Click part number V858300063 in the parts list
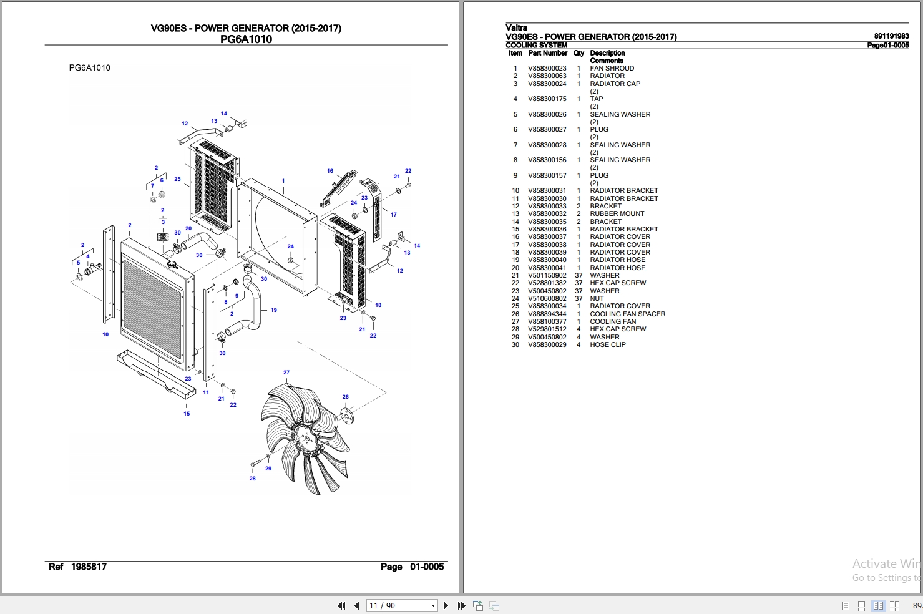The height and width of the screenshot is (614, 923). pos(547,76)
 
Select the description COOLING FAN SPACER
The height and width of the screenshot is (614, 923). pos(627,314)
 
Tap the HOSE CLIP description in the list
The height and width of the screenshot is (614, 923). pos(607,344)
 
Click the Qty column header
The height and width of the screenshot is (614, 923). pos(579,54)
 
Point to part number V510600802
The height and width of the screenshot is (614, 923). pos(547,298)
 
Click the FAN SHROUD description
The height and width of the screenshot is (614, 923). pos(612,69)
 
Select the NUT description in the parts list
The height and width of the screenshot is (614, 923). pos(597,298)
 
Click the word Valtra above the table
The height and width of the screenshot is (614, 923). pos(516,27)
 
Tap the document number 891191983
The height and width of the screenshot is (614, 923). pos(891,37)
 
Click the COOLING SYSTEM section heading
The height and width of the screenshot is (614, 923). pos(536,46)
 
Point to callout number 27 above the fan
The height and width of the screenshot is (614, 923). pos(286,373)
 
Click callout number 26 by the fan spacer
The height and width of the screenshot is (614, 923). pos(345,397)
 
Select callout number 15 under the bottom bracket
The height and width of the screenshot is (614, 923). pos(187,414)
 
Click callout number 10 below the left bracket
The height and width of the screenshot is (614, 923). pos(105,334)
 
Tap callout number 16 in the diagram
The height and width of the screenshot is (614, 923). pos(330,171)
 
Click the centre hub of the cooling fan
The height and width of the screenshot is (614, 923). pos(306,438)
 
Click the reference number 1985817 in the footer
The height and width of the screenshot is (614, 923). pos(89,567)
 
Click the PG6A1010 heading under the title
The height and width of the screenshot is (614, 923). pos(246,39)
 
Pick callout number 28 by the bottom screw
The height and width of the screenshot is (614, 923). pos(253,479)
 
